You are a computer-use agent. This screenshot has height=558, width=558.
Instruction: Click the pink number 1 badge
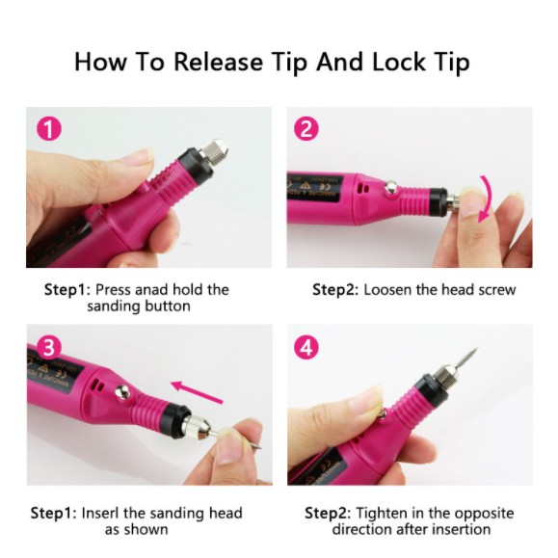pos(49,128)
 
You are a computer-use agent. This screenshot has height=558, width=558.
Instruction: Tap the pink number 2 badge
pos(306,128)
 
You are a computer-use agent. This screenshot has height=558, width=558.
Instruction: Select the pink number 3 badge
pos(49,347)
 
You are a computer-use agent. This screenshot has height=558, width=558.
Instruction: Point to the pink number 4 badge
pos(306,347)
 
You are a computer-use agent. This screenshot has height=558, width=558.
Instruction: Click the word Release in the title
pos(218,62)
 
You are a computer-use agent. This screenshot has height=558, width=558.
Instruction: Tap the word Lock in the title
pos(399,62)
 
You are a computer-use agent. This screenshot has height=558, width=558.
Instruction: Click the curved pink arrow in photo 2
pos(488,198)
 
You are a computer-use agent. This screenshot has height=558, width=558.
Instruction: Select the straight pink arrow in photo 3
pos(197,392)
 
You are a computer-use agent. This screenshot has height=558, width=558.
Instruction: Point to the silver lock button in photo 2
pos(391,187)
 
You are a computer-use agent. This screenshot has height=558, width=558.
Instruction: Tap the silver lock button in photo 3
pos(123,391)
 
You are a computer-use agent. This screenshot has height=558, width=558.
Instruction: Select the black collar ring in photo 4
pos(430,389)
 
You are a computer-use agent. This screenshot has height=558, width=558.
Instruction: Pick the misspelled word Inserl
pos(100,513)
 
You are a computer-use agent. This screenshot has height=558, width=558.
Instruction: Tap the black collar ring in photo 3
pos(176,420)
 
